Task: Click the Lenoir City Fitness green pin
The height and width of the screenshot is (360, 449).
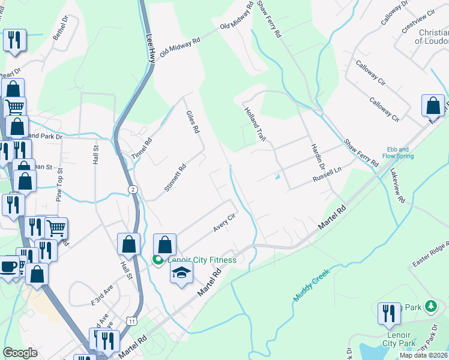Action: [x=158, y=260]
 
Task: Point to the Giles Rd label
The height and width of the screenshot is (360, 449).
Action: [x=192, y=122]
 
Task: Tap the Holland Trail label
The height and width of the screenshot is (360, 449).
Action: [x=254, y=124]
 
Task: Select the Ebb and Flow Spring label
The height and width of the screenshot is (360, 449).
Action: [x=400, y=152]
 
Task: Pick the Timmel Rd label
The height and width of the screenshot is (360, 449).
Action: [x=142, y=148]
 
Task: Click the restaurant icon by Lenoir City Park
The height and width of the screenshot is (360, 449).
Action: [x=389, y=313]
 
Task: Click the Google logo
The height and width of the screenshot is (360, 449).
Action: [x=20, y=353]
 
